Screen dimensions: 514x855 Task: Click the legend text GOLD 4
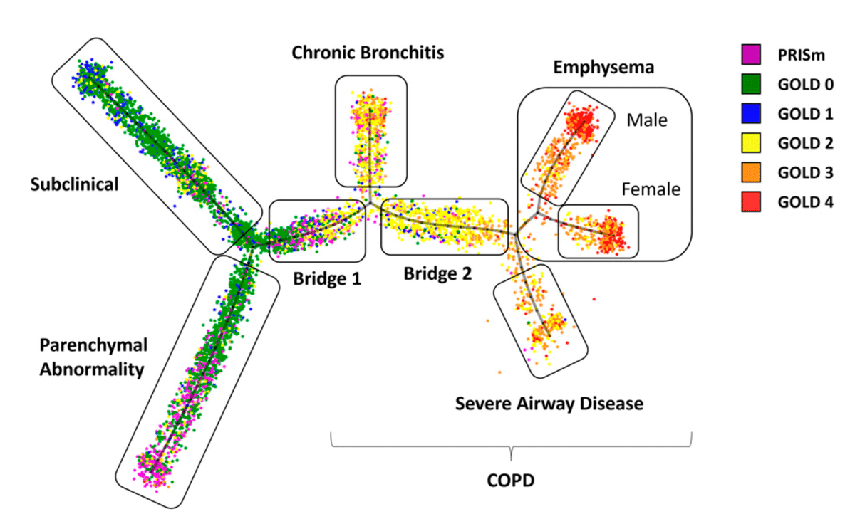point(805,201)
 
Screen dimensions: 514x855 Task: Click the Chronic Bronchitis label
point(368,53)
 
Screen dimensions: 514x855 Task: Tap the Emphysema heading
point(603,68)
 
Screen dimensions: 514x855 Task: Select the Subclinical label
point(73,184)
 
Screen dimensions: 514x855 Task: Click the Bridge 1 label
point(327,278)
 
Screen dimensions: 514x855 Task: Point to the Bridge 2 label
point(437,273)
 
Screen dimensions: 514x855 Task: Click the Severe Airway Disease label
point(549,404)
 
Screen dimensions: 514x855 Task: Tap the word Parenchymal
point(93,346)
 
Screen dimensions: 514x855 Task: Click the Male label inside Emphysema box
point(647,120)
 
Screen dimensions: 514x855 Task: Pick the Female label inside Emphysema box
point(651,190)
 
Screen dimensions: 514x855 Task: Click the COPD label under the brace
point(511,482)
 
